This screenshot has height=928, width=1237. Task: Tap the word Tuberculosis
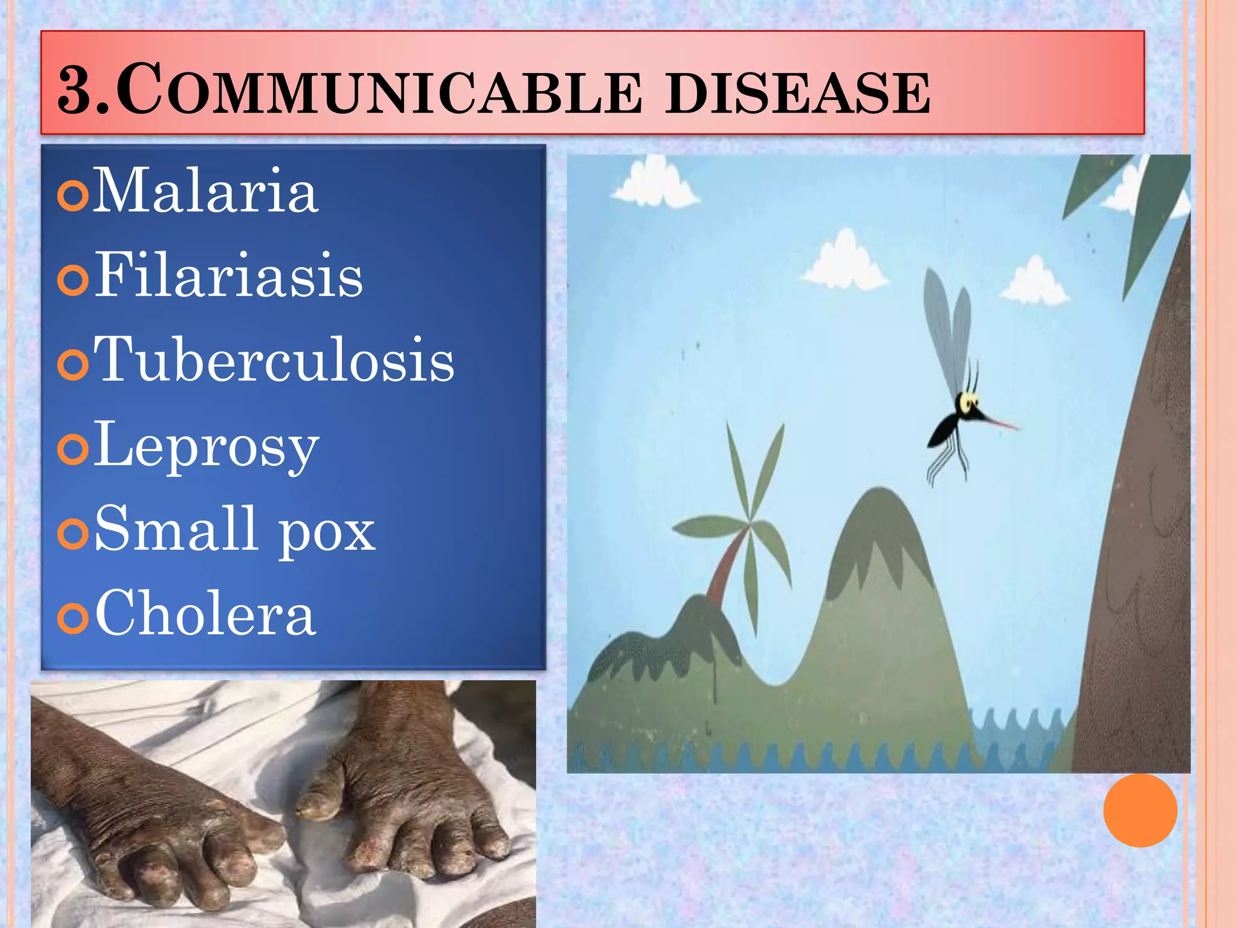point(274,360)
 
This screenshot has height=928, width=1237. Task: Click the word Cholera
point(205,614)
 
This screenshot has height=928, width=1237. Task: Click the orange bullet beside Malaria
point(74,195)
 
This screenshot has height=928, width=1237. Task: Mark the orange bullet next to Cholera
point(74,618)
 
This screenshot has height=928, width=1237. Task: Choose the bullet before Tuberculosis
point(74,364)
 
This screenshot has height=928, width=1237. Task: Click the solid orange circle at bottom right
point(1140,810)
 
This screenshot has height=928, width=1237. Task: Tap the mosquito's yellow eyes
point(968,401)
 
